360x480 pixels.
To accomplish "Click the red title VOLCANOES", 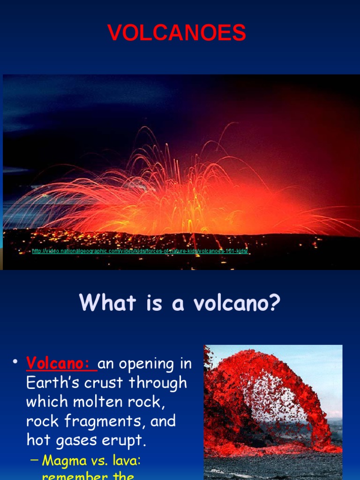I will point(177,33).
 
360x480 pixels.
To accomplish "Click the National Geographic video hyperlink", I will point(140,252).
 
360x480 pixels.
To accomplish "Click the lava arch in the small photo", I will point(267,375).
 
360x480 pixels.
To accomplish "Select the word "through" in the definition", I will point(158,382).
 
